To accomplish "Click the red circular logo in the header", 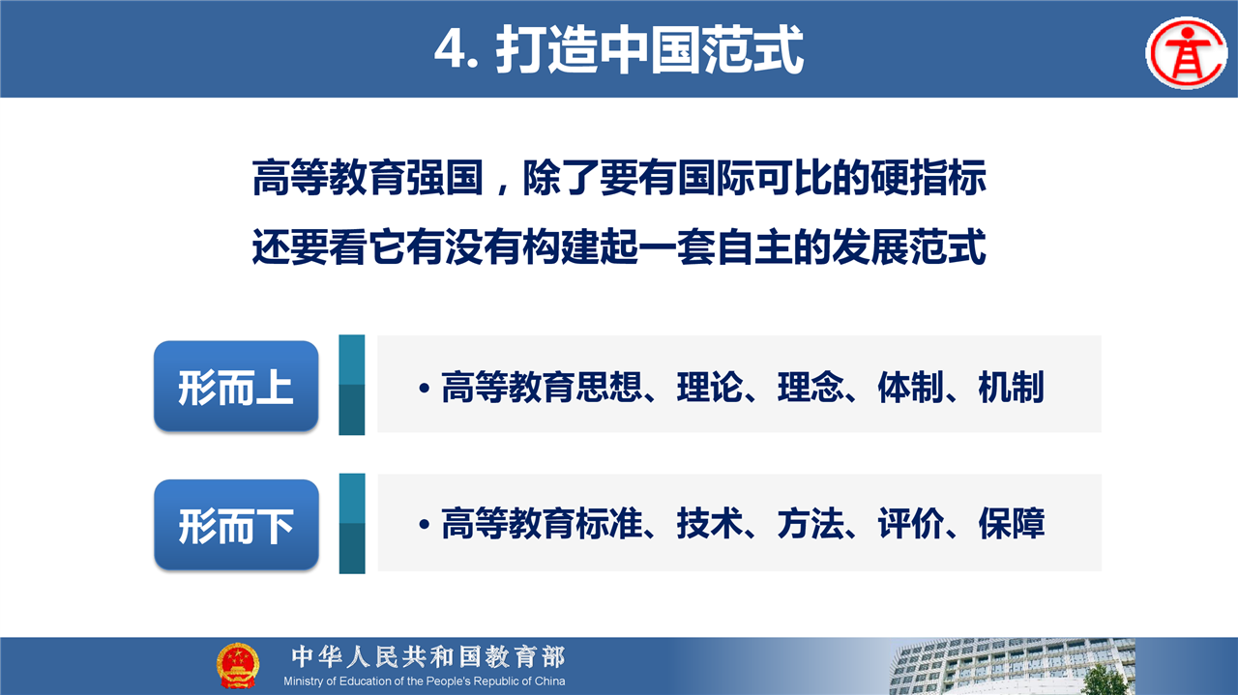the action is pos(1186,52).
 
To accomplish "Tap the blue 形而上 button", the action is pos(236,386).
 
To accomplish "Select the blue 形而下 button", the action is pos(237,524).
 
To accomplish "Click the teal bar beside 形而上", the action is pos(351,385).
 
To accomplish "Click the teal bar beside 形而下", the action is pos(352,523).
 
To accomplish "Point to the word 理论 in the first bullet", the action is pos(710,387).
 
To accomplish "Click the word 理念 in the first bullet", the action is pos(811,387).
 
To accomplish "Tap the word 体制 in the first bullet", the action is pos(911,387).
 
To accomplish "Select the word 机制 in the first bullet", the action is pos(1012,387).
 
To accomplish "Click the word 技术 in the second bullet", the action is pos(710,523).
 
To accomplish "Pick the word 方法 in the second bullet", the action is pos(811,523).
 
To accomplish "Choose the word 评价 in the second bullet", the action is pos(911,523).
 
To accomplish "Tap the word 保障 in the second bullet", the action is pos(1012,523).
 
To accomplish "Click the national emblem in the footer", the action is pos(238,665).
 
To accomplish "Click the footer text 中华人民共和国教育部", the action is pos(428,657).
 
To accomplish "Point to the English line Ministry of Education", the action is pos(425,681).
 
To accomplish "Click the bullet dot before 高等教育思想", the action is pos(425,388).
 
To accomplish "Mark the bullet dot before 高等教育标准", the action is pos(425,524).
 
